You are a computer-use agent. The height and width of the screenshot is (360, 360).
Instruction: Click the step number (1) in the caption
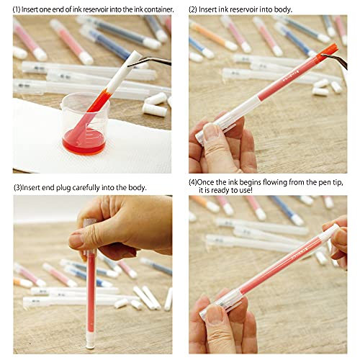click(x=18, y=9)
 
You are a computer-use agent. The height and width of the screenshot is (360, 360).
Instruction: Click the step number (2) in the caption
click(x=194, y=9)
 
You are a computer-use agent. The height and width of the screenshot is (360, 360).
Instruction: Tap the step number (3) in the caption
click(x=18, y=187)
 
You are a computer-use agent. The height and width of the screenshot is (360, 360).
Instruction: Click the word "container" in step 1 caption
click(x=156, y=9)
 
